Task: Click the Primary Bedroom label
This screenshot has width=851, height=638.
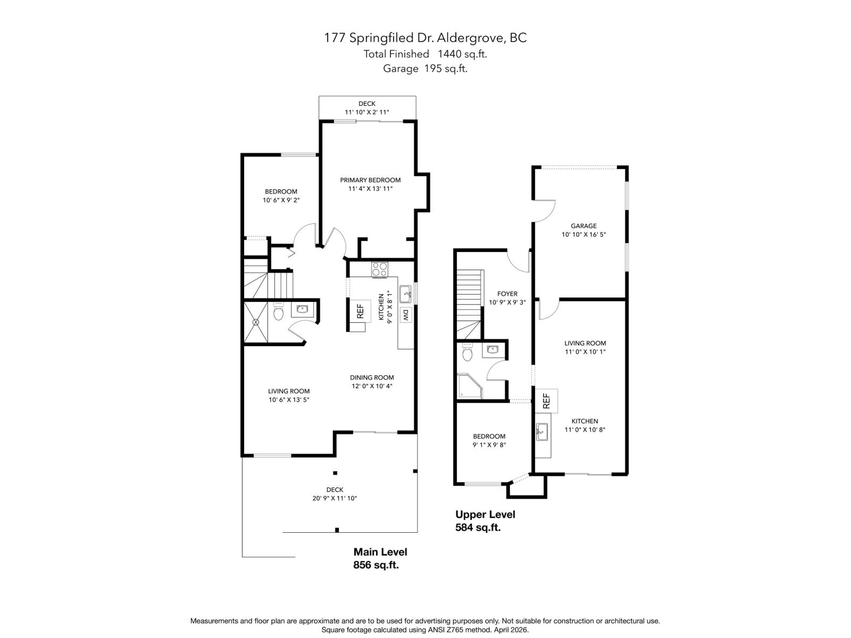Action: (370, 180)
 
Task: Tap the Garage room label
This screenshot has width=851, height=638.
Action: (584, 226)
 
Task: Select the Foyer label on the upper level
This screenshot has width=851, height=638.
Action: (507, 294)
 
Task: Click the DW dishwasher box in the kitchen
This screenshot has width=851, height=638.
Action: (405, 315)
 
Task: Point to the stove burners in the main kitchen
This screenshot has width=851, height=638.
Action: (380, 270)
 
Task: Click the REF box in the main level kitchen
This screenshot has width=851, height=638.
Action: (360, 310)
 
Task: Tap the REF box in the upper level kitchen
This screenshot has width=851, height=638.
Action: (546, 401)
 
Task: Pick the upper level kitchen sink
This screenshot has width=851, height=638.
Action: (541, 432)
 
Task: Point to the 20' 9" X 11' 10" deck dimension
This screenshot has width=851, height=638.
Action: (335, 498)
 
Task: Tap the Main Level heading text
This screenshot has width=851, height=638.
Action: (380, 552)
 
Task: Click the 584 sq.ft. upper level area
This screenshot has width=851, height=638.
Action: (478, 527)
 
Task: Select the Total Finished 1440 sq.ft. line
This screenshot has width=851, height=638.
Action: (425, 54)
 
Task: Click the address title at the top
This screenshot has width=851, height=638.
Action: (425, 38)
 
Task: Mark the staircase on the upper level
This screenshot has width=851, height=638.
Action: (469, 304)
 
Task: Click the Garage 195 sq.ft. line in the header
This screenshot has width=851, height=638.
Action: (425, 69)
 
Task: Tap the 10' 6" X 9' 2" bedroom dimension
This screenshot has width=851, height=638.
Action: (281, 200)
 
